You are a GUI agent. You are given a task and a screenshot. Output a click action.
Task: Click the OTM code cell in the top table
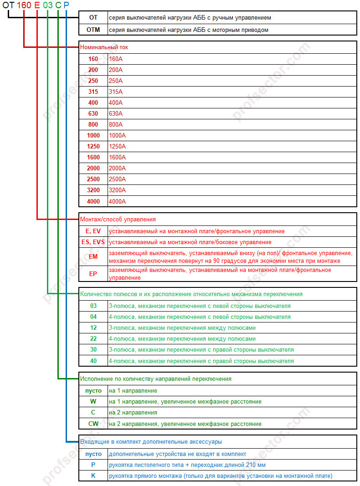pos(93,30)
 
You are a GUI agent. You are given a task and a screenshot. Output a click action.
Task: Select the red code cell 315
pos(93,92)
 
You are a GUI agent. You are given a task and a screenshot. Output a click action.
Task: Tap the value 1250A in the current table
pos(118,147)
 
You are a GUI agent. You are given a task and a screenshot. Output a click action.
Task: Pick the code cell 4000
pos(93,201)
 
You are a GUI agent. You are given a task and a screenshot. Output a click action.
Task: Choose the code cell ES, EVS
pos(93,242)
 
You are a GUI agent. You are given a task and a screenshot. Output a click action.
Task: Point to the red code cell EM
pos(93,256)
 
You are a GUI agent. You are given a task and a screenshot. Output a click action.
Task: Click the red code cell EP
pos(93,274)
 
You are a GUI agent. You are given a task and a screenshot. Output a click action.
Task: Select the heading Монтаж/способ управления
pos(118,219)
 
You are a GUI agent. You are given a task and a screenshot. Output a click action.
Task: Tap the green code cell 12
pos(93,328)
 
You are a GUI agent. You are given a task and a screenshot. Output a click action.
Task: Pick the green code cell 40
pos(93,361)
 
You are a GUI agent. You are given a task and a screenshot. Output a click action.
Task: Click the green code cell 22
pos(93,339)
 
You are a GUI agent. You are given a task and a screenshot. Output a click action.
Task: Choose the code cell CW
pos(93,424)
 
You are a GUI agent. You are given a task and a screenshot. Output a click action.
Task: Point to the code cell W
pos(93,402)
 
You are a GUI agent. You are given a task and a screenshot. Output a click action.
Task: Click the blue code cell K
pos(93,476)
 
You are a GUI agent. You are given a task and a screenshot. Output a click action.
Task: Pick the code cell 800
pos(93,125)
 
